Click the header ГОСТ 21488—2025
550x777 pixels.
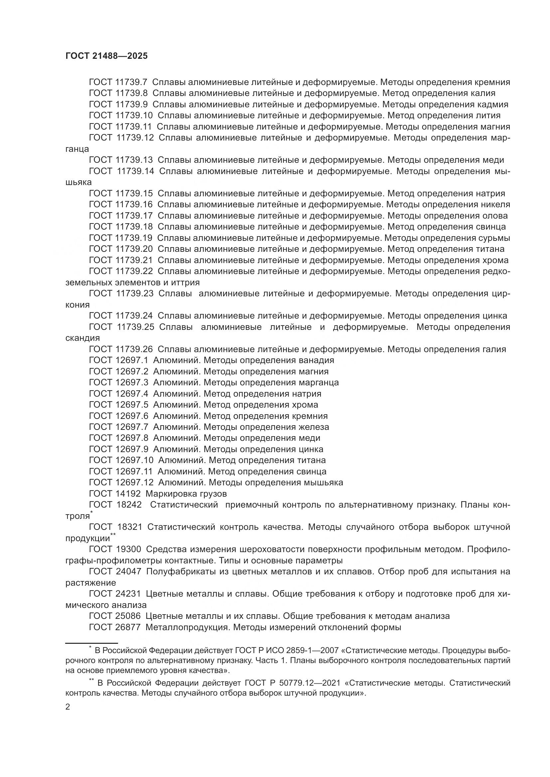click(x=107, y=56)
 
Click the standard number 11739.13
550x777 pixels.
click(x=134, y=160)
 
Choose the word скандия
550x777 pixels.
click(x=83, y=338)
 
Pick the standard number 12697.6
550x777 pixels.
click(x=132, y=416)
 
